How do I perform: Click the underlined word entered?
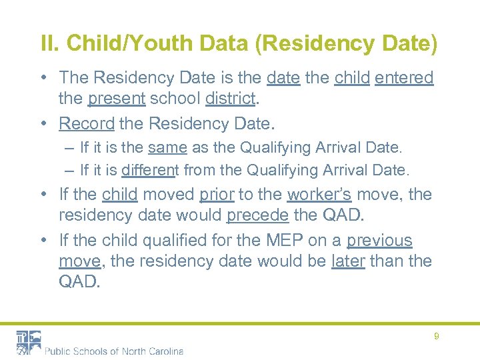(x=404, y=79)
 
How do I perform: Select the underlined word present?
(x=116, y=99)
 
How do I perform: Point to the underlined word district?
(x=230, y=99)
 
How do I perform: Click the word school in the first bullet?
(x=175, y=99)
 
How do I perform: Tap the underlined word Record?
(x=87, y=123)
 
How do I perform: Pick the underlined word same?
(x=167, y=147)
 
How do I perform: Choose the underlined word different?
(x=148, y=170)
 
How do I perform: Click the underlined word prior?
(x=216, y=195)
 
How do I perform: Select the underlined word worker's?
(x=319, y=195)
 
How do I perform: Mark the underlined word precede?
(x=253, y=216)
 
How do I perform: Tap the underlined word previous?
(x=379, y=241)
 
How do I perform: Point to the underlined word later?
(x=348, y=261)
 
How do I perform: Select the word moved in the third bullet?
(x=169, y=195)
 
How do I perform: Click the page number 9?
(x=436, y=337)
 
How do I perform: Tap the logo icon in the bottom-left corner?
(x=29, y=342)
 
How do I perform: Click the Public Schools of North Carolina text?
(x=114, y=351)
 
